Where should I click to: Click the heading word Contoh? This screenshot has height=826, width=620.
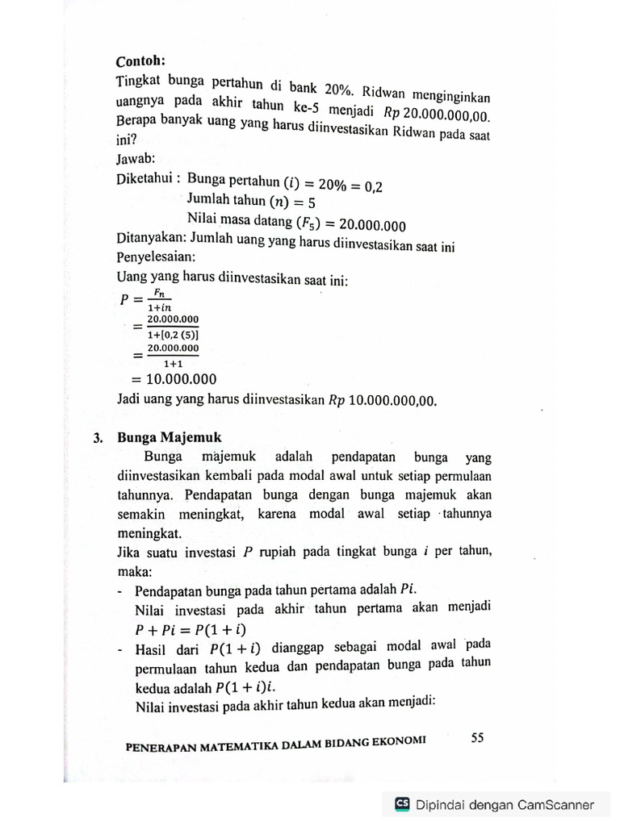pyautogui.click(x=140, y=61)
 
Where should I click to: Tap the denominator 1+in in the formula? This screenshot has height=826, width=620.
pyautogui.click(x=161, y=307)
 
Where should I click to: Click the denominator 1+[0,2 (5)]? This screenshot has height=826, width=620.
pyautogui.click(x=173, y=334)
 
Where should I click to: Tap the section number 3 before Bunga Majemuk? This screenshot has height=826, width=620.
pyautogui.click(x=97, y=438)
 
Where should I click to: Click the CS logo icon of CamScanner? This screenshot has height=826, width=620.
pyautogui.click(x=402, y=804)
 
